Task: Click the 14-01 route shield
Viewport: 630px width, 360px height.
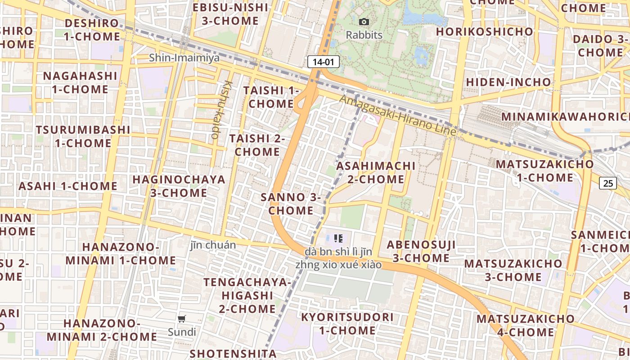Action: pos(323,62)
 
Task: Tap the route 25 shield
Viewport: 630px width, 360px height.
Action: pos(607,183)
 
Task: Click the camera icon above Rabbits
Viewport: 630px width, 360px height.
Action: pos(364,22)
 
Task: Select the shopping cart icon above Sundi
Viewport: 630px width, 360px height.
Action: pos(182,319)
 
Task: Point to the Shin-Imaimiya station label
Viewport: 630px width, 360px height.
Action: pos(184,58)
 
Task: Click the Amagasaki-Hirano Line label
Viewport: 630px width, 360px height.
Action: pos(398,115)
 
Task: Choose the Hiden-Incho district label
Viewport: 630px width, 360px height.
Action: pos(508,82)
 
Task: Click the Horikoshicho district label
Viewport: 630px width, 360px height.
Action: pos(484,31)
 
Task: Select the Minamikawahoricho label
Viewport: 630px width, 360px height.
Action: pos(565,117)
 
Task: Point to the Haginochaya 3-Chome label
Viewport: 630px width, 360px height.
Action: pos(179,186)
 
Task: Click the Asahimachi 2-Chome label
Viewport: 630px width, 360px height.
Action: pos(376,172)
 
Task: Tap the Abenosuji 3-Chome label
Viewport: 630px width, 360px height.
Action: pos(421,251)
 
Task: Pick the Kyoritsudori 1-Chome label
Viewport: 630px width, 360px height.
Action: pos(347,324)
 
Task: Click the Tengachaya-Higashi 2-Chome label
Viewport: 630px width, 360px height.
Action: pos(247,295)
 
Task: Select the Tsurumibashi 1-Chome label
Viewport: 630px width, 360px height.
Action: pos(83,136)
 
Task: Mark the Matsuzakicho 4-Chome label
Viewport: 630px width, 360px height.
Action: pos(526,325)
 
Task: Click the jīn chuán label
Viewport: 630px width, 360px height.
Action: pos(213,245)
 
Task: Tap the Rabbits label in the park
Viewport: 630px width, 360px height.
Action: pos(364,35)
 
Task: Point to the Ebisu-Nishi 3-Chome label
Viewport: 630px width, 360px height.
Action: pos(230,14)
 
